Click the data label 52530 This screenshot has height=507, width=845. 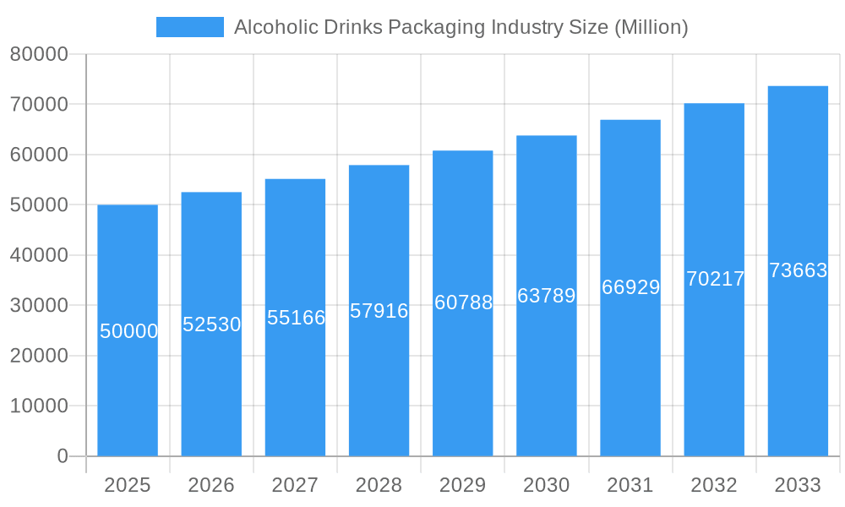212,324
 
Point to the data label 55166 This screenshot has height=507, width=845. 296,318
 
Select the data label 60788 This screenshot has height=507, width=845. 463,303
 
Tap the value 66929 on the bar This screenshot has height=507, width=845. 630,287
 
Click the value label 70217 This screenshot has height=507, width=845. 715,279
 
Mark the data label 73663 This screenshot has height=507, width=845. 798,270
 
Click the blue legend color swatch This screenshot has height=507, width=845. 190,27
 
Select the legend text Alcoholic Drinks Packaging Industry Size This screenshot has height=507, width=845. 461,27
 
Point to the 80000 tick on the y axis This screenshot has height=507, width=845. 39,55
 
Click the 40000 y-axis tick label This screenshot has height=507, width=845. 39,255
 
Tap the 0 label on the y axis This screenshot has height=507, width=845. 63,456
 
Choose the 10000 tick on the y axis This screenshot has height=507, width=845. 39,406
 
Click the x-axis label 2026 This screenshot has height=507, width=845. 211,485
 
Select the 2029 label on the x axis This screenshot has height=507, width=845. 463,485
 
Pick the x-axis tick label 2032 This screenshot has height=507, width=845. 714,485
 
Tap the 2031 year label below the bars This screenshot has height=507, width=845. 630,485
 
